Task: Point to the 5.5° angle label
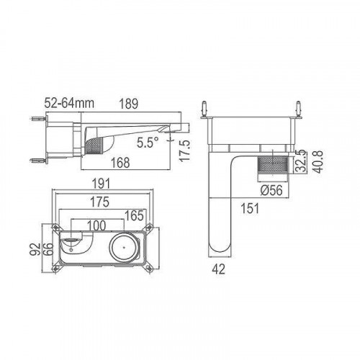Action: tap(146, 142)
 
